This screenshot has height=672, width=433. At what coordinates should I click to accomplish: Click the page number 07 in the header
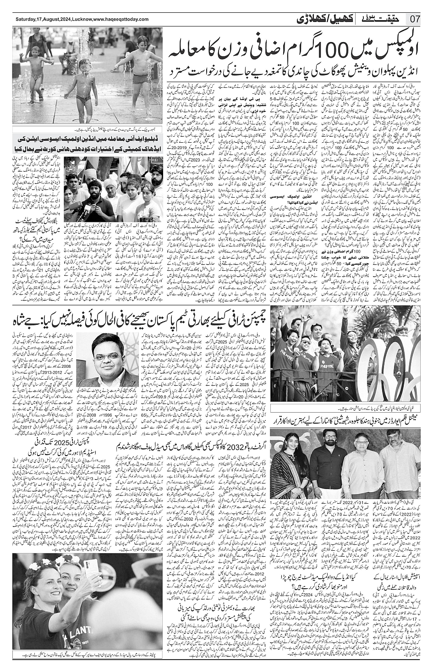(415, 20)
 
